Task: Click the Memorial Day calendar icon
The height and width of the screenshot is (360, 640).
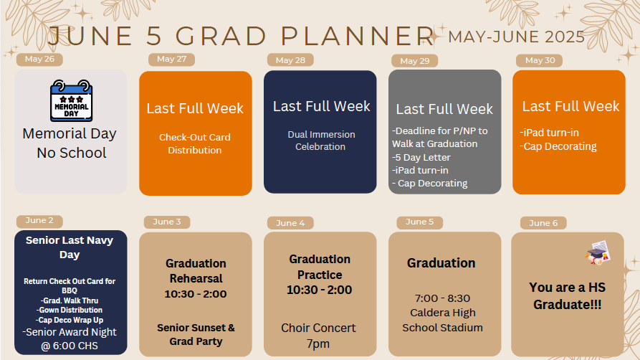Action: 72,100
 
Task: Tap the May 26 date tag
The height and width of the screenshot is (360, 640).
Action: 39,60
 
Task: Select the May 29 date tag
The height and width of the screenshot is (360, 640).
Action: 415,61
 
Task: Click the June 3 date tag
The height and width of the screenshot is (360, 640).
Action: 167,222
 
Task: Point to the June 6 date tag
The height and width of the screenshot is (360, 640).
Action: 543,223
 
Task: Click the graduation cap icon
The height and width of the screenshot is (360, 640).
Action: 598,253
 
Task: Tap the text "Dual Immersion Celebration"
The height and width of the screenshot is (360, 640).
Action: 321,141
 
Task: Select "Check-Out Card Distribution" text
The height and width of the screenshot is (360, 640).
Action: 195,143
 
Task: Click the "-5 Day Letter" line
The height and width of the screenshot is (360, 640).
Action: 421,157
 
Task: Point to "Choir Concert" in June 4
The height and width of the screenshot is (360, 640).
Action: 318,328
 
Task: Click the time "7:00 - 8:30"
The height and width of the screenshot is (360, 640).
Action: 442,298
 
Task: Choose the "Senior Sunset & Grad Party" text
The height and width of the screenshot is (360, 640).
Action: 196,335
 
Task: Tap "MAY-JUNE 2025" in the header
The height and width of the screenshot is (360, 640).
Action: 516,37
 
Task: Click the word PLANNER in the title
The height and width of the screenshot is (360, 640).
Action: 358,36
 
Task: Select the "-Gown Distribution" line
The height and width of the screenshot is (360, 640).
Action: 70,310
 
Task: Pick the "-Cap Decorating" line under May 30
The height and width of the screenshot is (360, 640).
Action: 558,146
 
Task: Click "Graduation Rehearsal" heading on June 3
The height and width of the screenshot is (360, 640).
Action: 196,271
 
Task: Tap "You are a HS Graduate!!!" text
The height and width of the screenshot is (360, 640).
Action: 568,296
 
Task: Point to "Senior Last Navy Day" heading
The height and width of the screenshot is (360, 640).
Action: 70,247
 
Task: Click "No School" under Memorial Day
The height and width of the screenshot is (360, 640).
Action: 72,153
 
